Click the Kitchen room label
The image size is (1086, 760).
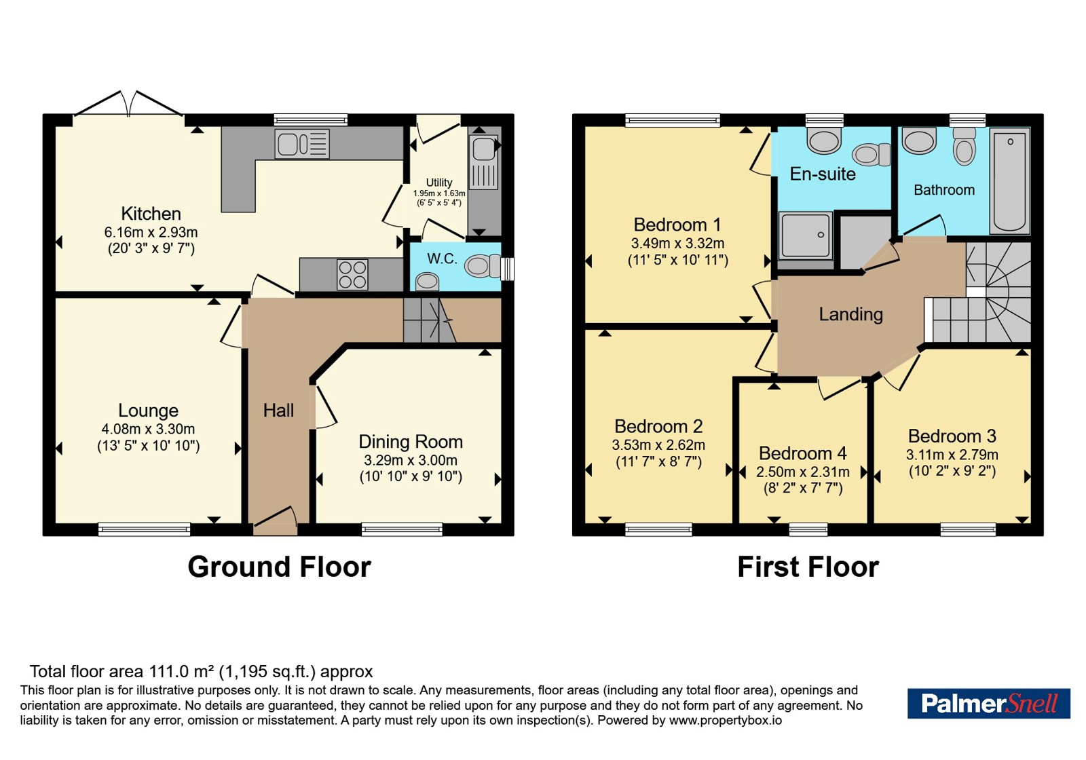pos(151,214)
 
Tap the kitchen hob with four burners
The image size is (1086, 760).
pos(352,275)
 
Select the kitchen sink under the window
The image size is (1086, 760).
pos(302,144)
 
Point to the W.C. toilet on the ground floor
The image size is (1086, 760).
pos(483,265)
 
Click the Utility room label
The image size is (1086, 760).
pos(439,183)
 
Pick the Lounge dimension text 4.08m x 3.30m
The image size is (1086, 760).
pos(149,429)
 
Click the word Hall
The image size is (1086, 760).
pos(278,411)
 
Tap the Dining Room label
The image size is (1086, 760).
pos(411,442)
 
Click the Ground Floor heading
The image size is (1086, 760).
pos(279,567)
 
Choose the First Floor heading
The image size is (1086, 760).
pos(808,567)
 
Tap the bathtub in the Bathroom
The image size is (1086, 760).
pos(1010,180)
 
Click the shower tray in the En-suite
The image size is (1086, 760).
pos(805,235)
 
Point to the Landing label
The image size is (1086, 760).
pos(851,315)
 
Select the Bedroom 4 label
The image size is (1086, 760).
pos(803,453)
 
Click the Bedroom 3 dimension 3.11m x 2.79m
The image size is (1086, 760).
pos(952,455)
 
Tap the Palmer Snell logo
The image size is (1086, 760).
pos(988,703)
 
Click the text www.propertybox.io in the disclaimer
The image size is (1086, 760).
pos(726,720)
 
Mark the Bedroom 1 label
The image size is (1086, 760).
pos(677,225)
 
